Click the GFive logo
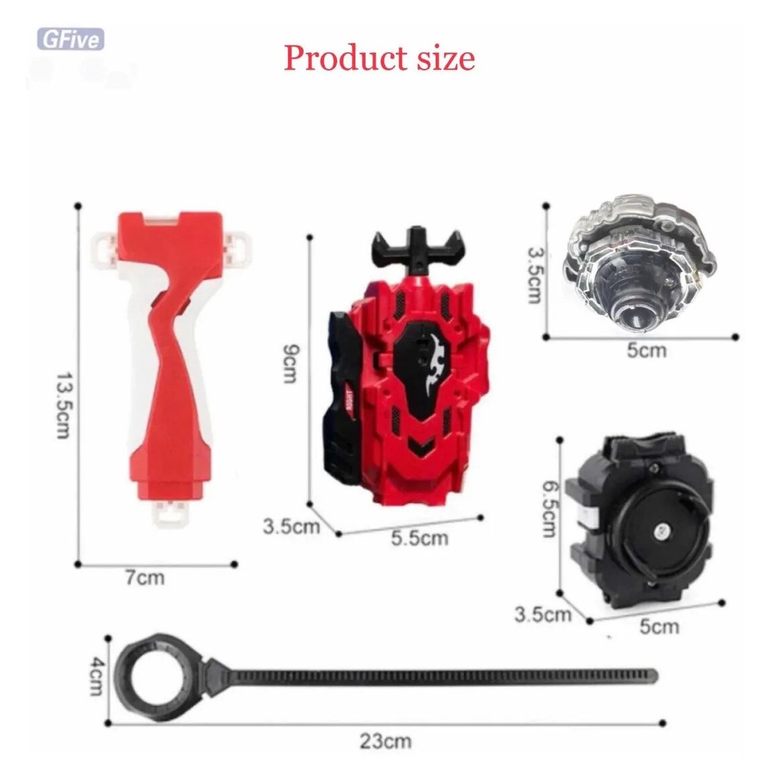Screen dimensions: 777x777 [x=71, y=40]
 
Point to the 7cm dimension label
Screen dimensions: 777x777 [x=144, y=577]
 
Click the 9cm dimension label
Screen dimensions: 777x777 [x=290, y=363]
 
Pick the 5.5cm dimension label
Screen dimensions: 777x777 [x=420, y=538]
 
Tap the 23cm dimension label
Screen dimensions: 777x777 [x=386, y=741]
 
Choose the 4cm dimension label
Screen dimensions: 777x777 [x=96, y=676]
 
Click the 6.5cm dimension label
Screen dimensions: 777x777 [x=549, y=510]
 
